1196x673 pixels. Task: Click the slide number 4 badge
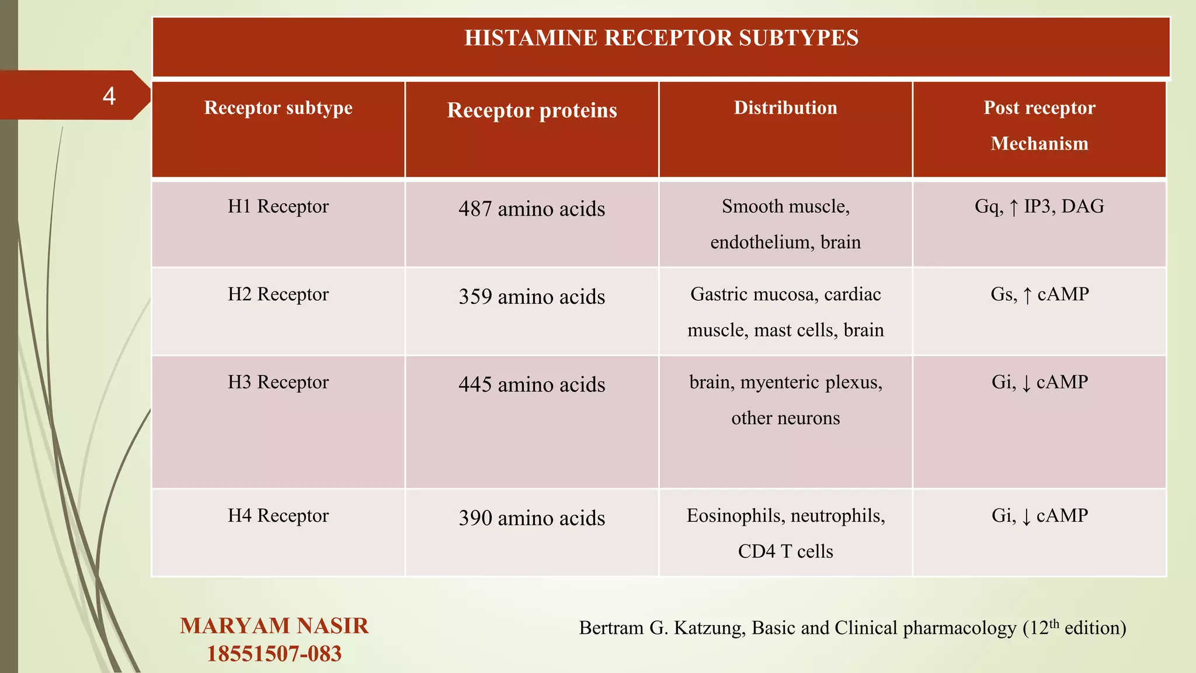point(109,96)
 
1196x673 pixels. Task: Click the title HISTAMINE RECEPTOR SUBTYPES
point(661,38)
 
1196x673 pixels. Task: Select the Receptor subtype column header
point(278,108)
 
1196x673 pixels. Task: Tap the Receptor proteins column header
point(531,110)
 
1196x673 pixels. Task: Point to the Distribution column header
point(785,108)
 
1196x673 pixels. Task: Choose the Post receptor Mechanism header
point(1039,125)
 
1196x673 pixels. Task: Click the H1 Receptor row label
point(278,206)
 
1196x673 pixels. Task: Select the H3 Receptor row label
point(278,382)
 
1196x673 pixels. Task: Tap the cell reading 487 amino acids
point(531,209)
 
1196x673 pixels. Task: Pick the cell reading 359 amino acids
point(531,297)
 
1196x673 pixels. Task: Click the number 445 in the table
point(475,384)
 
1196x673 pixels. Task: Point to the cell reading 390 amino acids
point(531,518)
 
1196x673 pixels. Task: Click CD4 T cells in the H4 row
point(785,551)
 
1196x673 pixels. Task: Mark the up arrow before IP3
point(1013,207)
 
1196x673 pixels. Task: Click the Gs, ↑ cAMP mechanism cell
point(1039,294)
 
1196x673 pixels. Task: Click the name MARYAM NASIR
point(274,626)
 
